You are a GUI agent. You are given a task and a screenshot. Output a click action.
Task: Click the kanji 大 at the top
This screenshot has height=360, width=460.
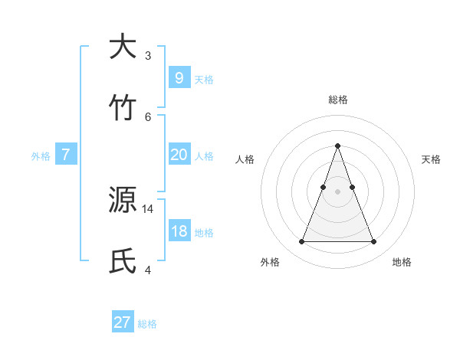[x=123, y=47]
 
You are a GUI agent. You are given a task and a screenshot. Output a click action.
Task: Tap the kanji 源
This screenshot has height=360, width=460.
[x=123, y=201]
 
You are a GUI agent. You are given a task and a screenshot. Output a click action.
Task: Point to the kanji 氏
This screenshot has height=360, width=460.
[x=123, y=260]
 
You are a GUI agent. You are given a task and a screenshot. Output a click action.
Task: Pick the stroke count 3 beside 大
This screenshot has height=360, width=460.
[x=148, y=55]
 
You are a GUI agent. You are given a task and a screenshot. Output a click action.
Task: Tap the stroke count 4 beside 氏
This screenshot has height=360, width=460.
[x=148, y=269]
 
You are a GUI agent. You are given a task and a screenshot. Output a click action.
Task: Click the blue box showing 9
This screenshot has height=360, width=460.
[x=179, y=78]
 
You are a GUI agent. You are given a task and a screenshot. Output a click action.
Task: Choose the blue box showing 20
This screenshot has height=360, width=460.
[x=179, y=155]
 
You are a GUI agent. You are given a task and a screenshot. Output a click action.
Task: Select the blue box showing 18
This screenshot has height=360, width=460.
[x=179, y=231]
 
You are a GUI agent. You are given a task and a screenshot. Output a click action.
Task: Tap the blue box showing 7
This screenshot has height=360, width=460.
[x=66, y=155]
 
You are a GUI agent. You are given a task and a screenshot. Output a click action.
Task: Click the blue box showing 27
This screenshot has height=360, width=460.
[x=123, y=322]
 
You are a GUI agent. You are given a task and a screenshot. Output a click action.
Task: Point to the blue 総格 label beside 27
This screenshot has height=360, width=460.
[x=147, y=324]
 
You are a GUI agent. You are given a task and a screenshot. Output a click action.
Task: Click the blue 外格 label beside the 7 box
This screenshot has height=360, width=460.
[x=41, y=156]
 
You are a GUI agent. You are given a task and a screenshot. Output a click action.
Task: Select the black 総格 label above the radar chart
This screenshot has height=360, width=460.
[x=337, y=100]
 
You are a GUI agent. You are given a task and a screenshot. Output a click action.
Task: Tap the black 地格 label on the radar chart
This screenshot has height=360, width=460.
[x=402, y=262]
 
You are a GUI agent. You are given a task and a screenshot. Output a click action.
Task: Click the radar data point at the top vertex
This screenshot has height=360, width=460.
[x=337, y=146]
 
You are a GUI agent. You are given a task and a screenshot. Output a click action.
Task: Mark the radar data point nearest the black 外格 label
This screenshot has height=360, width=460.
[x=301, y=242]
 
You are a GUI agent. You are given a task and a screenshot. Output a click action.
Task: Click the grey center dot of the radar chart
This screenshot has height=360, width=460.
[x=337, y=191]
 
